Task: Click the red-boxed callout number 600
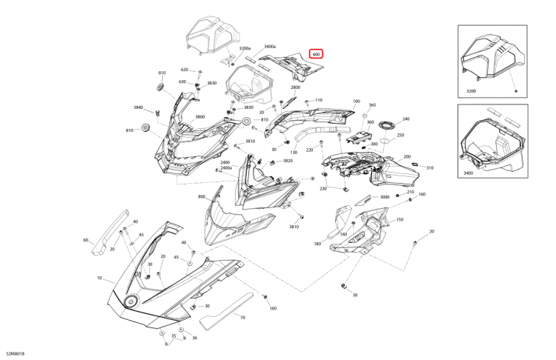tap(317, 54)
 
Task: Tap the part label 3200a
tap(245, 49)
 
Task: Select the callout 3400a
tap(270, 46)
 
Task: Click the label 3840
tap(138, 107)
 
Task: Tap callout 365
tap(372, 105)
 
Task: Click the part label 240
tap(406, 119)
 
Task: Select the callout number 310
tap(429, 168)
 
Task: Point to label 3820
tap(288, 161)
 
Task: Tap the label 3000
tap(384, 198)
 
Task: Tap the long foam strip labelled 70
tap(222, 309)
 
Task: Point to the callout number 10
tap(99, 279)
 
